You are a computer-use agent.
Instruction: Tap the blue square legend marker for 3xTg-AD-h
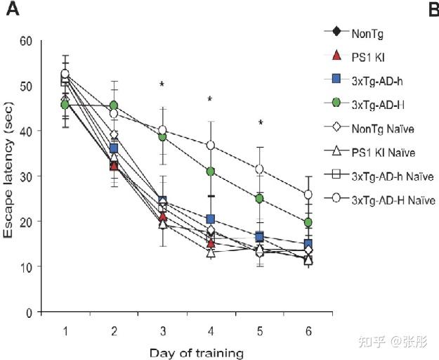[336, 79]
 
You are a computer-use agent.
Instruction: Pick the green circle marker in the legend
[336, 103]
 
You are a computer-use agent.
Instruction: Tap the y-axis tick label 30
[26, 176]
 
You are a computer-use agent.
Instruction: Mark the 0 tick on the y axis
[30, 311]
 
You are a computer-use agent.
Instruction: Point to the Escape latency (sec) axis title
[10, 176]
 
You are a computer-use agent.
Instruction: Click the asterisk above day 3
[162, 85]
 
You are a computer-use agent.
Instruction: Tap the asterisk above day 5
[260, 124]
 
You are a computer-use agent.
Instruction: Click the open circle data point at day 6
[308, 195]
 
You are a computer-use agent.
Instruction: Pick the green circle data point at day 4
[210, 171]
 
